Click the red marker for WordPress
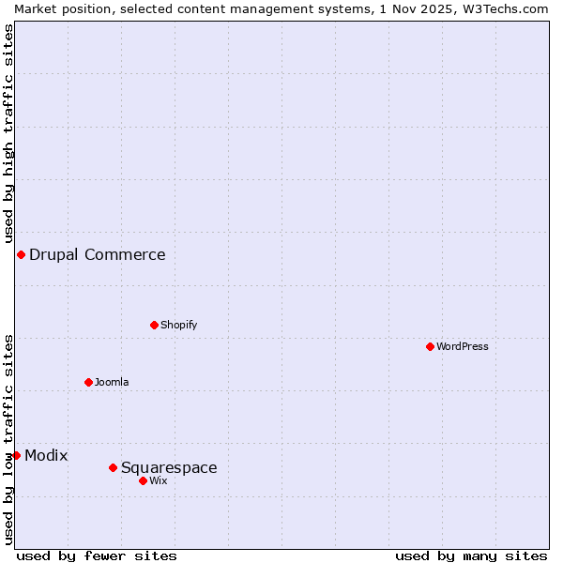pyautogui.click(x=430, y=346)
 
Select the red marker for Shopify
pyautogui.click(x=154, y=325)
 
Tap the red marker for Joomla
pyautogui.click(x=88, y=382)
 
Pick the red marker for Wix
pyautogui.click(x=143, y=480)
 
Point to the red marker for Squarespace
pyautogui.click(x=113, y=467)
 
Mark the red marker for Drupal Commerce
pyautogui.click(x=21, y=254)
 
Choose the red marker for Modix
pyautogui.click(x=16, y=455)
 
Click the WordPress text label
pyautogui.click(x=463, y=346)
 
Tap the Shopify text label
pyautogui.click(x=178, y=325)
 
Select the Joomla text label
pyautogui.click(x=112, y=382)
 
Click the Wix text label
pyautogui.click(x=158, y=480)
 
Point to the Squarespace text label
pyautogui.click(x=169, y=467)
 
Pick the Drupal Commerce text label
pyautogui.click(x=98, y=254)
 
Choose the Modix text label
pyautogui.click(x=46, y=455)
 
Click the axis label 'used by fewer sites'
pyautogui.click(x=97, y=555)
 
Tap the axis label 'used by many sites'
pyautogui.click(x=471, y=555)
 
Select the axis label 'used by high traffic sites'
pyautogui.click(x=8, y=133)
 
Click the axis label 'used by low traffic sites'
pyautogui.click(x=8, y=439)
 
